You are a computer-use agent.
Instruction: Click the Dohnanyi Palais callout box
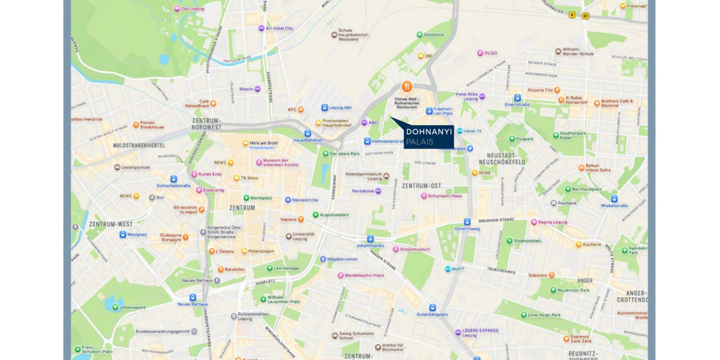(x=428, y=136)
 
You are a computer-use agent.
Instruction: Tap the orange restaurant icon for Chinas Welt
(x=406, y=86)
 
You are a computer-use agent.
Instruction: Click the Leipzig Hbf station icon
(x=324, y=108)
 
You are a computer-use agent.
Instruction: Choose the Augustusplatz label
(x=335, y=214)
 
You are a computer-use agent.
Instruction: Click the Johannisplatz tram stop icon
(x=370, y=239)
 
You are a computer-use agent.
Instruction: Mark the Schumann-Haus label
(x=445, y=196)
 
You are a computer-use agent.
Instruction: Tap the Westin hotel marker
(x=257, y=89)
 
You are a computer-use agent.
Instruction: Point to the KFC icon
(x=301, y=109)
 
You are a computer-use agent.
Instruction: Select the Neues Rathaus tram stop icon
(x=193, y=297)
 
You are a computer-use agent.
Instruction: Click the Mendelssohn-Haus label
(x=364, y=275)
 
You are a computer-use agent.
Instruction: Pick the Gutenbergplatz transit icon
(x=430, y=307)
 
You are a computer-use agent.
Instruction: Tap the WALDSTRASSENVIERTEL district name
(x=139, y=145)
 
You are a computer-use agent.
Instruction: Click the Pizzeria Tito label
(x=540, y=90)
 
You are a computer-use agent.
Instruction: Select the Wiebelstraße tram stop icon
(x=614, y=199)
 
